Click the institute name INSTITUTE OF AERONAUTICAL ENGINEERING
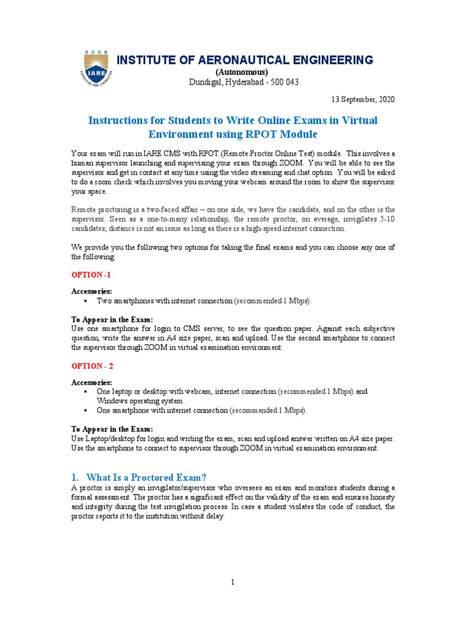(244, 60)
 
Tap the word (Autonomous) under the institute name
(244, 72)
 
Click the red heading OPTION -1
(91, 275)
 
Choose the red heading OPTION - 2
(92, 366)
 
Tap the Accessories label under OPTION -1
(92, 291)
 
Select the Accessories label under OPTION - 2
(92, 383)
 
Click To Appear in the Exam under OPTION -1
(112, 319)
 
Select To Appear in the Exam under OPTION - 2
(112, 429)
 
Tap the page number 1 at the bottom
(233, 582)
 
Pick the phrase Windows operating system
(139, 402)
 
